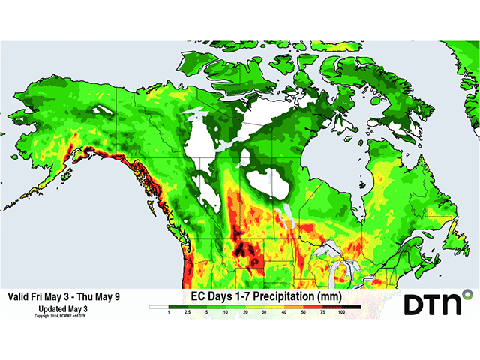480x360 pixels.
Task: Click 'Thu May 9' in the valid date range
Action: click(x=95, y=296)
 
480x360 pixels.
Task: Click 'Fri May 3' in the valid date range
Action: click(x=47, y=296)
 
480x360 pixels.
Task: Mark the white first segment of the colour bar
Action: click(x=159, y=306)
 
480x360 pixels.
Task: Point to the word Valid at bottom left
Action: click(x=18, y=296)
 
